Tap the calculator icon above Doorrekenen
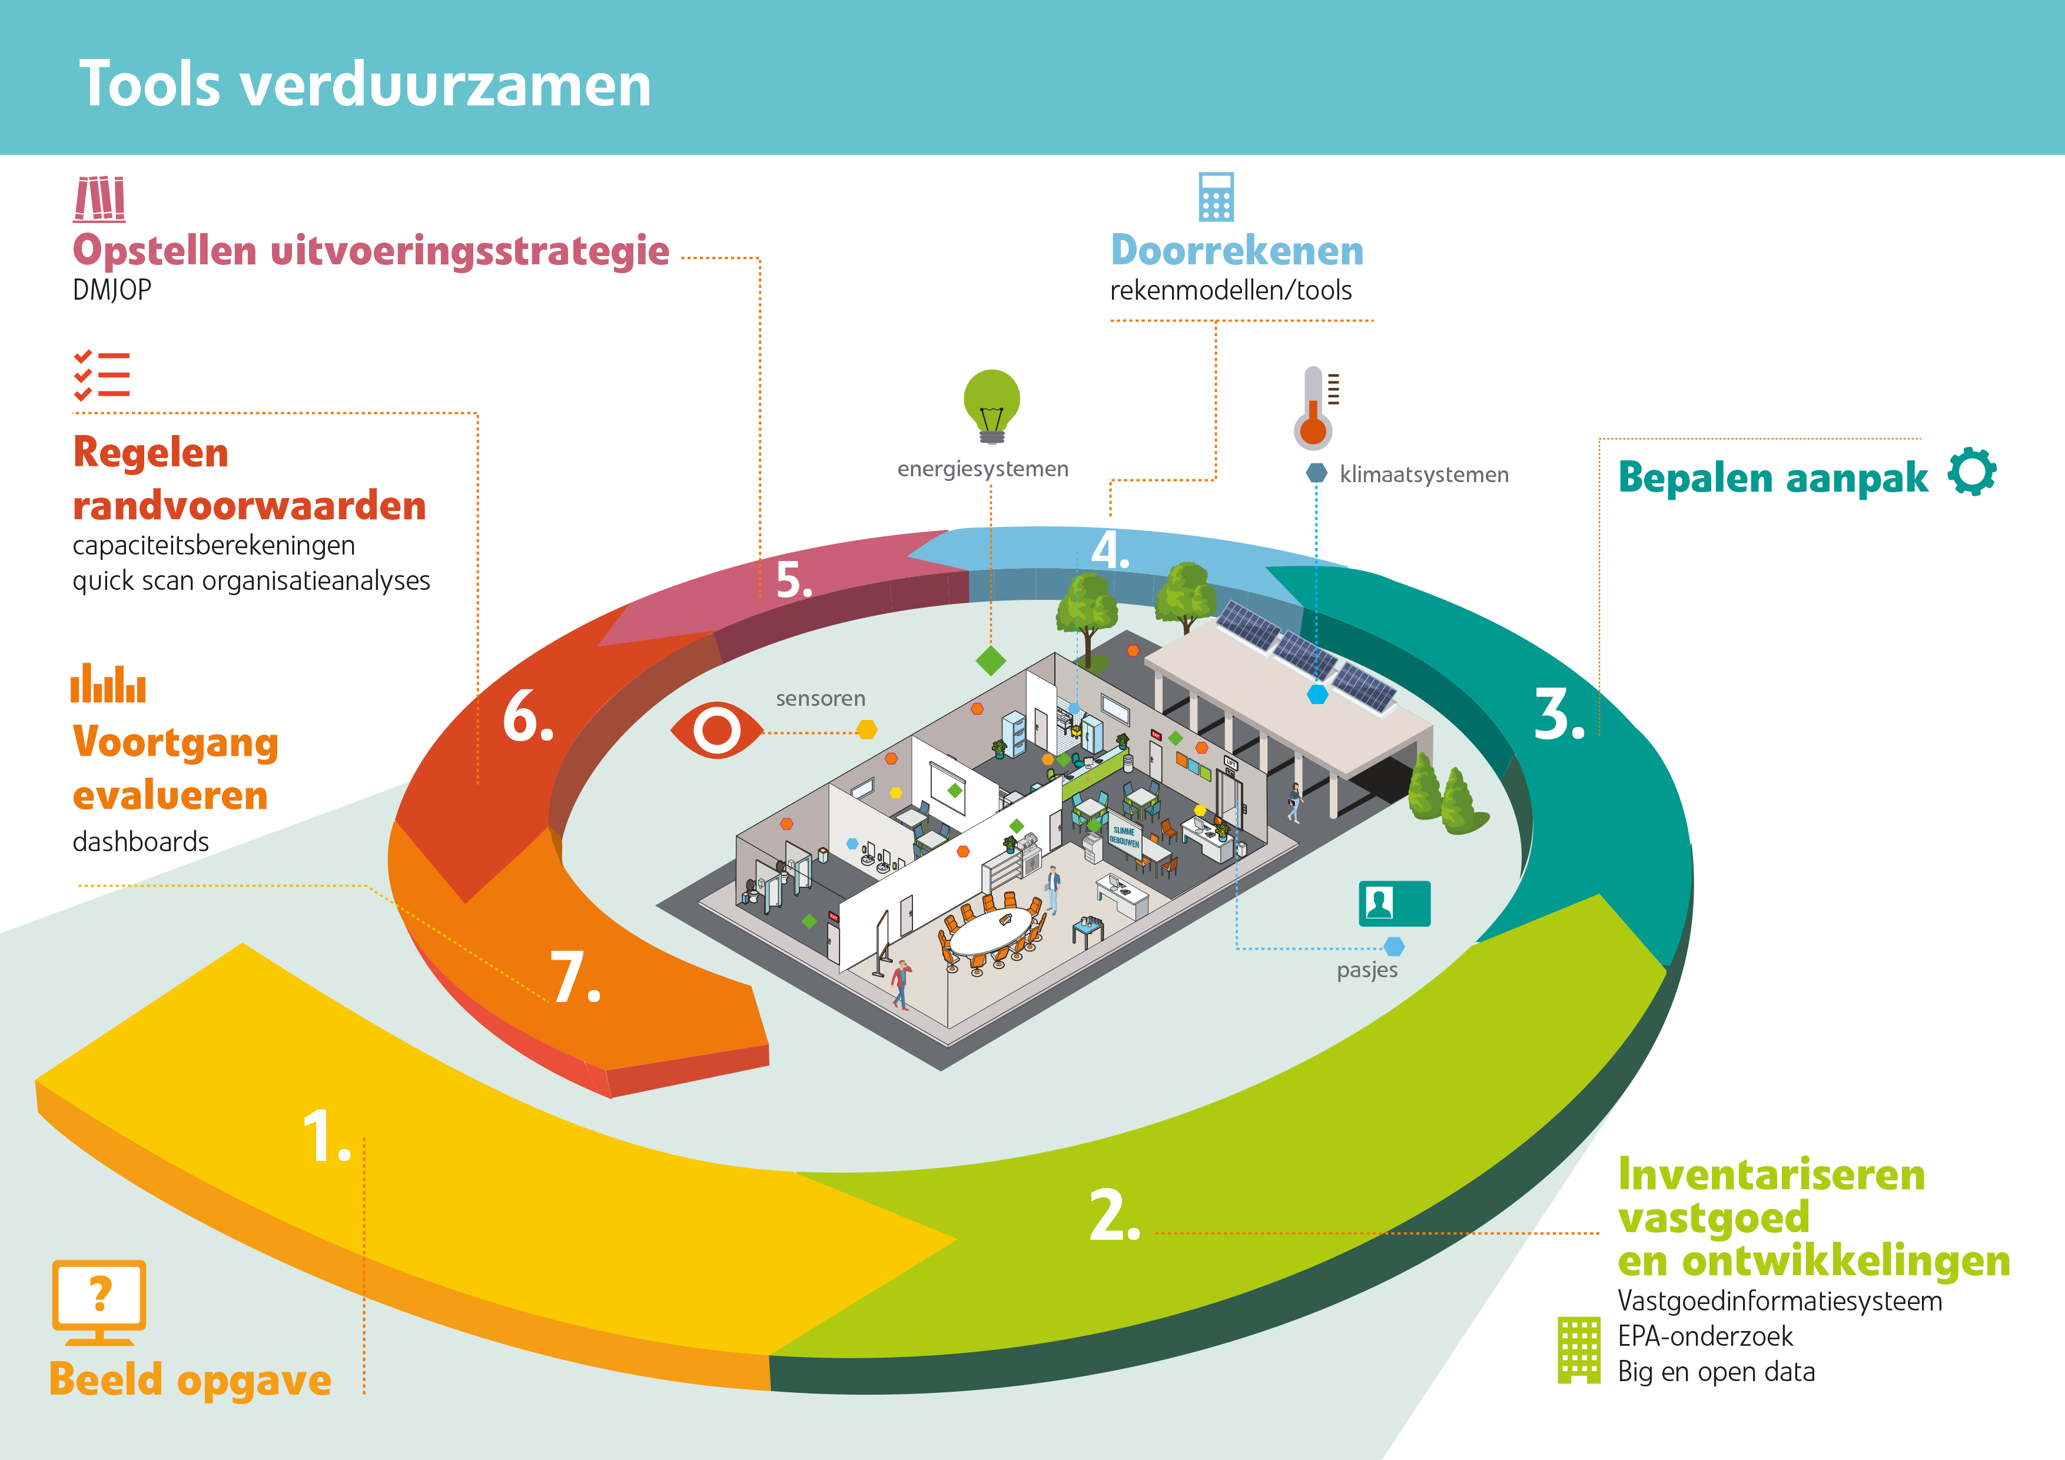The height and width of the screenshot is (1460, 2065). tap(1216, 197)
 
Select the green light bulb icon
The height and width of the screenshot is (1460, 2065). tap(992, 406)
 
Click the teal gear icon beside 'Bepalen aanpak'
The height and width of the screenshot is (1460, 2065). tap(1973, 472)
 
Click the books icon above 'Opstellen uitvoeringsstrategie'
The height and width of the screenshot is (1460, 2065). tap(99, 199)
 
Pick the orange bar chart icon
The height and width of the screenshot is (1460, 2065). tap(108, 683)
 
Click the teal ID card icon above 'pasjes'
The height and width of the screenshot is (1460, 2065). tap(1394, 903)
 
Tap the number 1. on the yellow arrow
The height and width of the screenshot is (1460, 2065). tap(326, 1136)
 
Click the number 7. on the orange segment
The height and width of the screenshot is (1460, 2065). tap(575, 978)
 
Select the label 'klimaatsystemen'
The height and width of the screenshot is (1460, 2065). tap(1424, 475)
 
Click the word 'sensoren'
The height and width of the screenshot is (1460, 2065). tap(820, 699)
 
